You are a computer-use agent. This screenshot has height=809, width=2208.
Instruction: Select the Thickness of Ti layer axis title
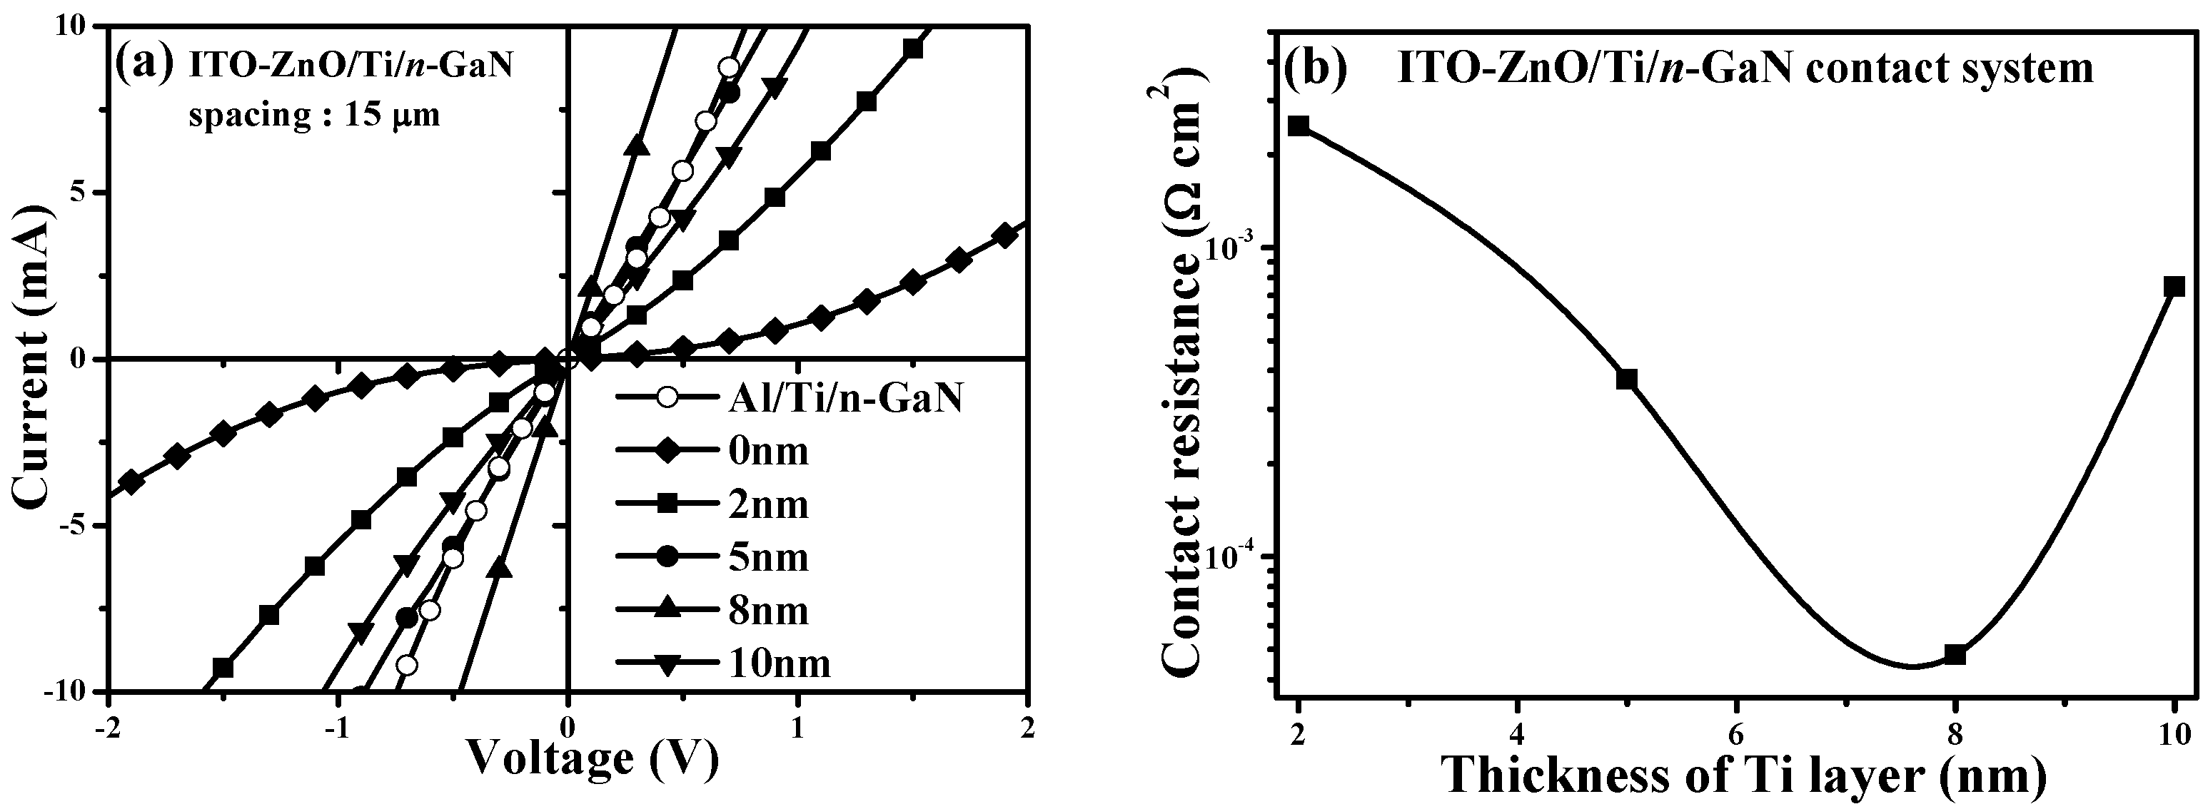[x=1744, y=775]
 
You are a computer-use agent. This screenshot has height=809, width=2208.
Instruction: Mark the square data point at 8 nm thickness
[x=1955, y=655]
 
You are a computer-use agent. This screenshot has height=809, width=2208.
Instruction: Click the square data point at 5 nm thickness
[x=1627, y=379]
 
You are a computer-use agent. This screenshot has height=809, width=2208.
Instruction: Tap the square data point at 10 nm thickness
[x=2174, y=286]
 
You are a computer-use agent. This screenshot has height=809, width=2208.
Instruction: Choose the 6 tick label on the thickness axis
[x=1737, y=733]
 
